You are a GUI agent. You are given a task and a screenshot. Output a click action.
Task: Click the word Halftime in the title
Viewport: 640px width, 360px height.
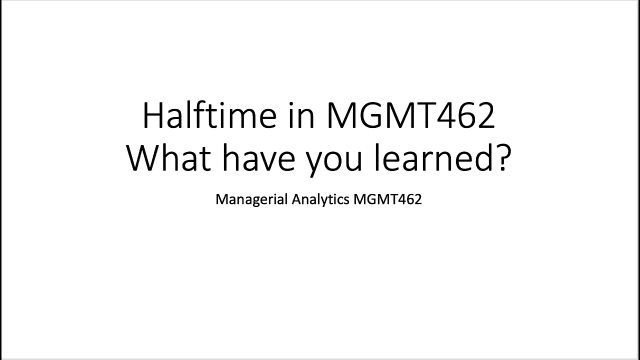pyautogui.click(x=209, y=115)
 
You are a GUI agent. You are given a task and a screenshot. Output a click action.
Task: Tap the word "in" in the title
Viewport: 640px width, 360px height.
pyautogui.click(x=301, y=115)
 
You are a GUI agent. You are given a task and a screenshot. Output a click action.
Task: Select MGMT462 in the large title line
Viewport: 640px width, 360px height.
pyautogui.click(x=411, y=115)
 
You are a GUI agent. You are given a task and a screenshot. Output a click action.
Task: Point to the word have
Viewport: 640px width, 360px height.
pyautogui.click(x=258, y=157)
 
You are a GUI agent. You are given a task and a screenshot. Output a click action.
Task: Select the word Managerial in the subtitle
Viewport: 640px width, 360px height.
pyautogui.click(x=251, y=199)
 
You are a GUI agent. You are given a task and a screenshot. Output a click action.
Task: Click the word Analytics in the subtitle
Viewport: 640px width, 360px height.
pyautogui.click(x=320, y=199)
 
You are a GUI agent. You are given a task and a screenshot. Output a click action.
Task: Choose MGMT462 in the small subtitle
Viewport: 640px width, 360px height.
pyautogui.click(x=387, y=199)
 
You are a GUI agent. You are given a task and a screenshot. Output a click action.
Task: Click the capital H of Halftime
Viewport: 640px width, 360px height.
pyautogui.click(x=153, y=115)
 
